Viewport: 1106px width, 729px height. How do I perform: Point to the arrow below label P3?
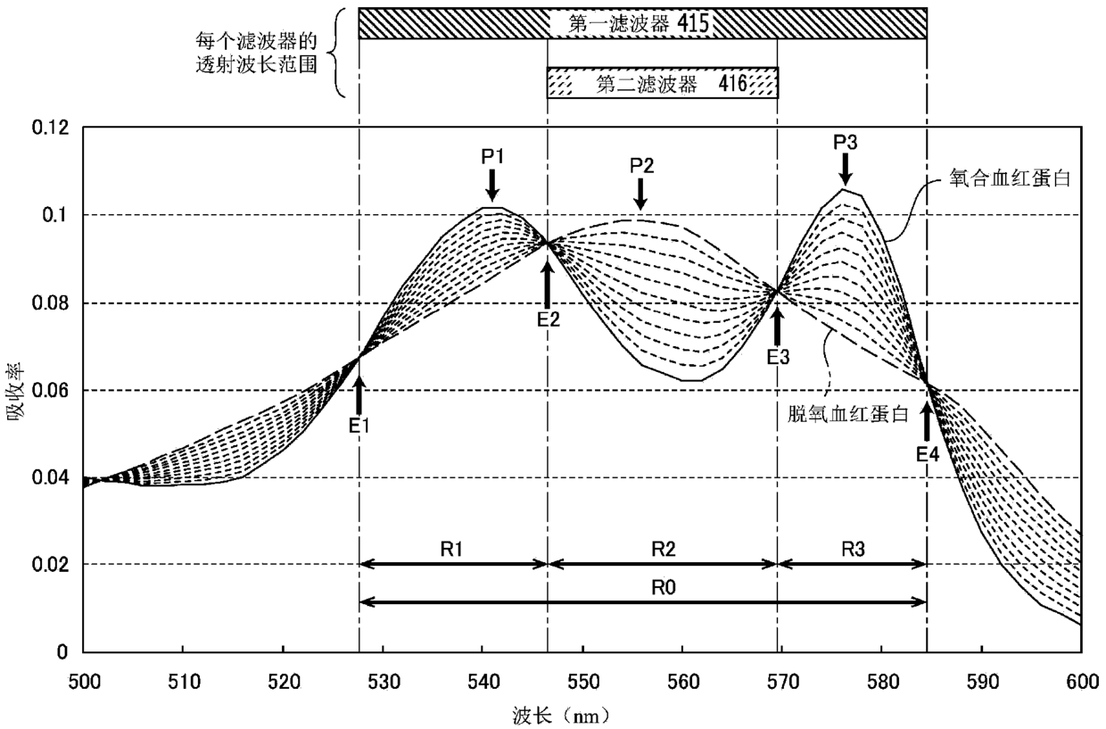(845, 167)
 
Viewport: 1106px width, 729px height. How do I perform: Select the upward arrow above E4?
(927, 422)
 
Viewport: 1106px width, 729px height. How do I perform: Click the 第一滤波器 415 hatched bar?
(642, 23)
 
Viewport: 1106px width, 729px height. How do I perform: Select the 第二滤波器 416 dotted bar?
(663, 83)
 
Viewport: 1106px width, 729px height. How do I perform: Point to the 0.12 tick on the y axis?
(50, 128)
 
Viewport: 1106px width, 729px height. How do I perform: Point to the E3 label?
(778, 356)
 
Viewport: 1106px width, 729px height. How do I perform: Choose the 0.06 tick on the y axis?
(50, 391)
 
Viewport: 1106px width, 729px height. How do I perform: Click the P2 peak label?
(642, 166)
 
